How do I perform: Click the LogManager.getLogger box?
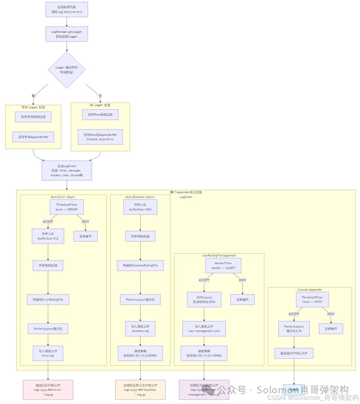point(67,34)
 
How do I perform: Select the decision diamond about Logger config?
point(67,70)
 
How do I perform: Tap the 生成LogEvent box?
point(67,171)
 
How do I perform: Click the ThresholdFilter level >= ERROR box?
point(67,207)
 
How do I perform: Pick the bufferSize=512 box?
point(48,236)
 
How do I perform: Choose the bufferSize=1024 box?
point(140,207)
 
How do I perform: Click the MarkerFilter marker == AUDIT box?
point(223,265)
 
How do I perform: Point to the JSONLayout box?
point(204,300)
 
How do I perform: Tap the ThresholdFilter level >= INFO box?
point(312,299)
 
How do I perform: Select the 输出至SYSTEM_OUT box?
point(294,353)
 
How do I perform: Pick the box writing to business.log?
point(140,328)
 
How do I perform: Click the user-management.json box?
point(204,329)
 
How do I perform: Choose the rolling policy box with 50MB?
point(140,353)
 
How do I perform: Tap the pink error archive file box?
point(48,389)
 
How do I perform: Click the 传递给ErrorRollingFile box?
point(48,300)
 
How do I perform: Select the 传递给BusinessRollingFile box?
point(140,265)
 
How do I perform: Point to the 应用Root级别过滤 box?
point(100,115)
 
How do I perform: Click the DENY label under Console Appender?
point(331,314)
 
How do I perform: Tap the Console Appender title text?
point(310,290)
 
